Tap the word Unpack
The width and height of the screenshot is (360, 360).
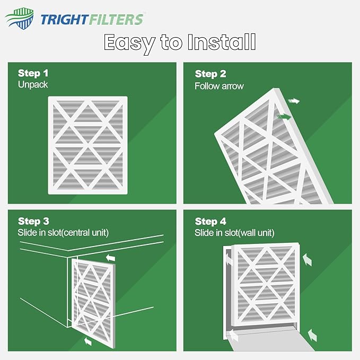pyautogui.click(x=33, y=84)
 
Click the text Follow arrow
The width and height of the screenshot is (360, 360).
pyautogui.click(x=219, y=85)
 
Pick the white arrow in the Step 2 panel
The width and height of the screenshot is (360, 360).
pyautogui.click(x=293, y=100)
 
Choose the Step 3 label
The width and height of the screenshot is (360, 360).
pyautogui.click(x=33, y=221)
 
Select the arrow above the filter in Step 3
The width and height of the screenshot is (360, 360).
pyautogui.click(x=111, y=258)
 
